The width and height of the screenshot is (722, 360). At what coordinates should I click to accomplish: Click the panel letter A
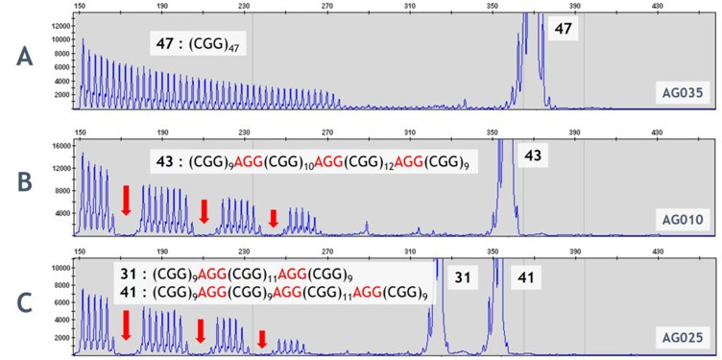click(26, 58)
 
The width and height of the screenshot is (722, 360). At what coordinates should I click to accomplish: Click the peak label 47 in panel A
click(565, 31)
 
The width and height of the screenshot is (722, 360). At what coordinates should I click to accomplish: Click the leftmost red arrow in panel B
click(126, 200)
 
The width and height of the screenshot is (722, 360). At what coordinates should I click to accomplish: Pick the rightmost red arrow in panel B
click(274, 219)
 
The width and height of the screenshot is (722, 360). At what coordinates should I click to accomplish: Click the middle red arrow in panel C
click(201, 331)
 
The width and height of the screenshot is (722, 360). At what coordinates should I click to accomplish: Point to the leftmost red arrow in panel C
click(126, 324)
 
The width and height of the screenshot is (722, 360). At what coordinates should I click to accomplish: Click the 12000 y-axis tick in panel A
click(62, 26)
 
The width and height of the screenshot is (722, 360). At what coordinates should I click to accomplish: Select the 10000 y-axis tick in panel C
click(62, 267)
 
